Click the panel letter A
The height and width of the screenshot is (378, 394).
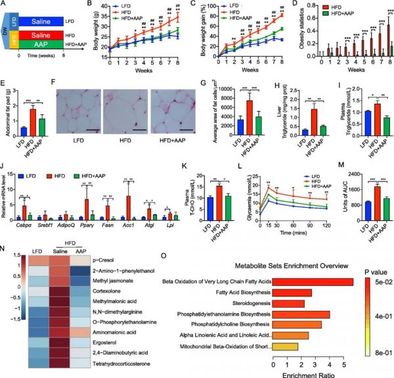[4, 5]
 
